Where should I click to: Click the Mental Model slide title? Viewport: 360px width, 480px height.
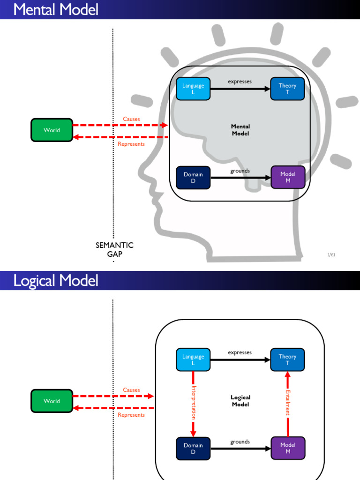pyautogui.click(x=56, y=9)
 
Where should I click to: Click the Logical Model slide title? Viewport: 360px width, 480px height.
pyautogui.click(x=56, y=281)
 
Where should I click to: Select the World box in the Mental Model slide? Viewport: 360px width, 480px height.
pyautogui.click(x=52, y=130)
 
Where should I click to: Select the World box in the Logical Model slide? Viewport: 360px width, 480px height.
pyautogui.click(x=52, y=401)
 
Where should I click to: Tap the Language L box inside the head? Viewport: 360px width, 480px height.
pyautogui.click(x=193, y=89)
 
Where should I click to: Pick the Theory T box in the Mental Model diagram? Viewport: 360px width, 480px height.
pyautogui.click(x=287, y=89)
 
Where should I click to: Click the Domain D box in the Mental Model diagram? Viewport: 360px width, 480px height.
pyautogui.click(x=193, y=177)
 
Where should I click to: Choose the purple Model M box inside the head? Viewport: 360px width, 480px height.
pyautogui.click(x=288, y=177)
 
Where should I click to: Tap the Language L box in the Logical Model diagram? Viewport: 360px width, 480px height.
pyautogui.click(x=193, y=360)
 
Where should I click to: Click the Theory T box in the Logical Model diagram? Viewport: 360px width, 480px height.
pyautogui.click(x=287, y=360)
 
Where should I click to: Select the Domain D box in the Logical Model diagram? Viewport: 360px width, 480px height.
pyautogui.click(x=193, y=448)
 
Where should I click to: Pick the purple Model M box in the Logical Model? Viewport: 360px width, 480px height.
pyautogui.click(x=288, y=448)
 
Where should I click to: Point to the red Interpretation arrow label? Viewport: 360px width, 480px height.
pyautogui.click(x=194, y=402)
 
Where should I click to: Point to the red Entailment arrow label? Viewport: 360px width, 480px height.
pyautogui.click(x=287, y=402)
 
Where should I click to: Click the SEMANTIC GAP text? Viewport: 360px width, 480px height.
pyautogui.click(x=114, y=249)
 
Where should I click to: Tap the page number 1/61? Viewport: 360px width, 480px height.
pyautogui.click(x=331, y=255)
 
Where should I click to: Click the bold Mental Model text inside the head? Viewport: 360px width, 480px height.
pyautogui.click(x=240, y=130)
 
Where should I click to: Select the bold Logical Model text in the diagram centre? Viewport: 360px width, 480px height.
pyautogui.click(x=240, y=401)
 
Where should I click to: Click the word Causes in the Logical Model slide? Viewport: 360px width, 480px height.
pyautogui.click(x=131, y=390)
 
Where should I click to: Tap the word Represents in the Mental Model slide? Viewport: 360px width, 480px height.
pyautogui.click(x=131, y=144)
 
